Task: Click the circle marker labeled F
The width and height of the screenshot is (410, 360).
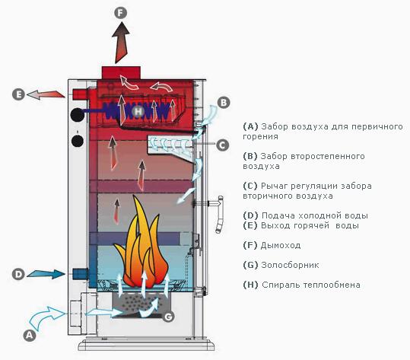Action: point(120,13)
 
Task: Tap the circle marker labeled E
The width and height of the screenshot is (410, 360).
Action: point(18,94)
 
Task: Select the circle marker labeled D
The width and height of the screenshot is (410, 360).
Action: point(18,275)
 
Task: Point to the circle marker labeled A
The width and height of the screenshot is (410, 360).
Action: point(29,335)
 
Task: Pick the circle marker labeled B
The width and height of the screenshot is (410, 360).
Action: point(224,102)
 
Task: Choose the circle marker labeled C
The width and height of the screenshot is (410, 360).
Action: point(223,145)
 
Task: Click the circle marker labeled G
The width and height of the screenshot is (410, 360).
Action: point(168,317)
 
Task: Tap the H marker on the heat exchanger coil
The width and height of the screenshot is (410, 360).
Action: point(139,112)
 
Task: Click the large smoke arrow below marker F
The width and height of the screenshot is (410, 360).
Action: point(121,43)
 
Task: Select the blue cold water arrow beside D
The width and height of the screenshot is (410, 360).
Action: point(46,274)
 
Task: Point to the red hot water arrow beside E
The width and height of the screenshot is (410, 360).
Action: point(46,94)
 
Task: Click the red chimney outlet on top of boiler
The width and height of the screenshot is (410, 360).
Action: point(121,72)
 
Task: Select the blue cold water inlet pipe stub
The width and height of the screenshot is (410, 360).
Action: point(81,274)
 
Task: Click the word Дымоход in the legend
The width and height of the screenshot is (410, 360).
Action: point(281,245)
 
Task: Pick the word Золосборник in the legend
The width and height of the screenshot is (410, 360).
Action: point(290,265)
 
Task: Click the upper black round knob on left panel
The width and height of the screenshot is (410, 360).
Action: point(78,115)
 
